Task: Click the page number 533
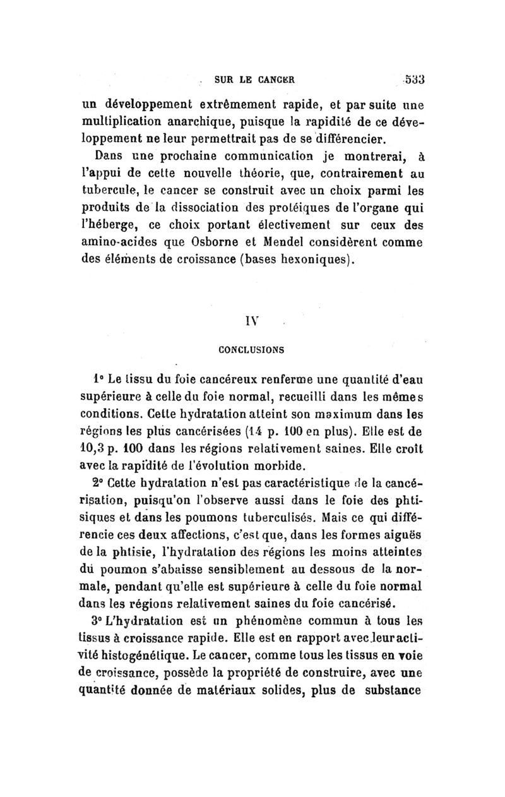(x=414, y=80)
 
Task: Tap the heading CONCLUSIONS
(x=251, y=348)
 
